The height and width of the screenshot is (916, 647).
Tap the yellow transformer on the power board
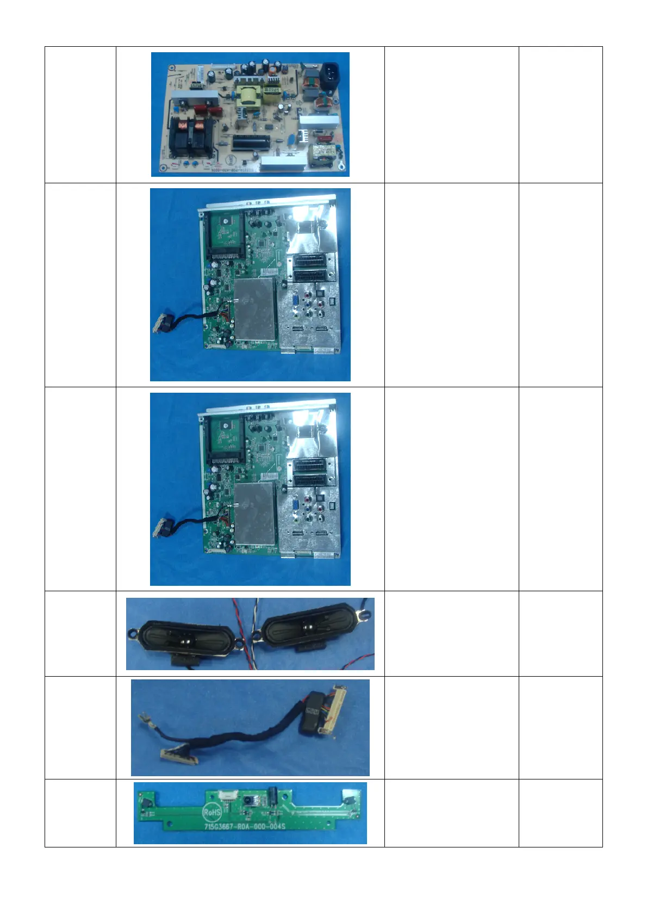(x=248, y=95)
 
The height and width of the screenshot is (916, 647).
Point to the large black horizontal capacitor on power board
(x=250, y=143)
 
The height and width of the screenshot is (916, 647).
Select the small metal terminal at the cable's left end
(x=144, y=720)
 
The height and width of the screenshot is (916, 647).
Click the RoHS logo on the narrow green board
(x=211, y=813)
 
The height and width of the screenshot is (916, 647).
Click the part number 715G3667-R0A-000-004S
(x=245, y=826)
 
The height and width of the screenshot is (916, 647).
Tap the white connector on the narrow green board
(x=224, y=796)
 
